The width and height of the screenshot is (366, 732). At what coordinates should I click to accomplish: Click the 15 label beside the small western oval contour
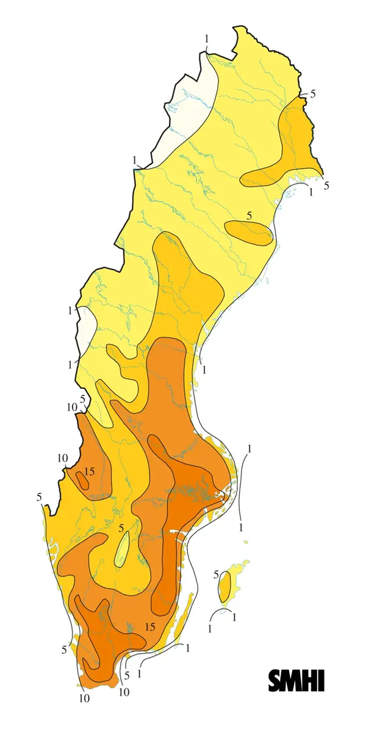(x=90, y=471)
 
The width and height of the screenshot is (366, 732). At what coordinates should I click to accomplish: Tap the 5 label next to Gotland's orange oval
(x=216, y=575)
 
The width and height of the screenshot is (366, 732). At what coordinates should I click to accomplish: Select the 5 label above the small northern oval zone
(x=249, y=215)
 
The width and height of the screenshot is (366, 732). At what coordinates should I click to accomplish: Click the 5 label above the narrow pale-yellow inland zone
(x=121, y=528)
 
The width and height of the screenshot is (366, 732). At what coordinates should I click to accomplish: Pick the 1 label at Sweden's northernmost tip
(x=207, y=39)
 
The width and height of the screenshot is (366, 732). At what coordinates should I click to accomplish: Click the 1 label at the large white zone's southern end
(x=134, y=160)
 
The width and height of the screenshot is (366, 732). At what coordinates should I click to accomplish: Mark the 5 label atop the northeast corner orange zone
(x=313, y=93)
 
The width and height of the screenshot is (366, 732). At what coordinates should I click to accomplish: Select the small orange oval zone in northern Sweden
(x=248, y=233)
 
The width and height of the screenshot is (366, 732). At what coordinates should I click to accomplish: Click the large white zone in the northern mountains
(x=189, y=104)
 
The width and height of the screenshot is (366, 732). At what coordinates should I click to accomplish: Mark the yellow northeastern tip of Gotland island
(x=245, y=562)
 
